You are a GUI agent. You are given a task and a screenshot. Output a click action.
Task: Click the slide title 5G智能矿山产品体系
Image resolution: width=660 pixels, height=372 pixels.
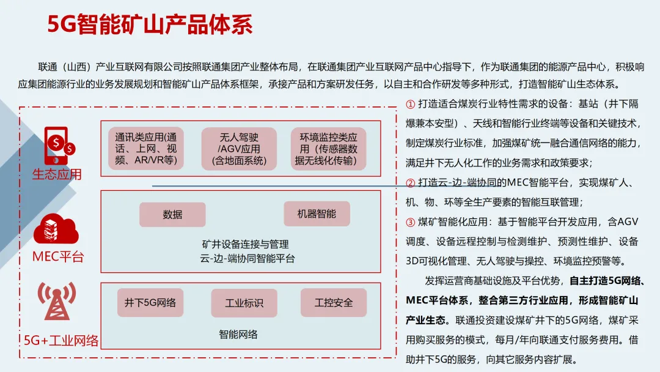(150, 25)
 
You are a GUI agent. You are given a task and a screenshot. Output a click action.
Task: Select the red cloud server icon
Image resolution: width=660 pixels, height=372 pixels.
(56, 229)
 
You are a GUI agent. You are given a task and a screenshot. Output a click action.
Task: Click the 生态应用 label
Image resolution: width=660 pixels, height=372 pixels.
(57, 174)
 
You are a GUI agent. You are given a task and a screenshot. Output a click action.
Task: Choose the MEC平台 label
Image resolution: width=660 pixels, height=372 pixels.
(58, 257)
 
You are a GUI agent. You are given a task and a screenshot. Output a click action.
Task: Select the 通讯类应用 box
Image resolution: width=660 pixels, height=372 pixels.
(146, 149)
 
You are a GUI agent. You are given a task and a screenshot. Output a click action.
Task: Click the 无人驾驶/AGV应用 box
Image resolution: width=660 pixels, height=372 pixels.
(239, 149)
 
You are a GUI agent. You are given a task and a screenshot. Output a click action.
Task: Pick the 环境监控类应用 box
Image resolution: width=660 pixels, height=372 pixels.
(329, 149)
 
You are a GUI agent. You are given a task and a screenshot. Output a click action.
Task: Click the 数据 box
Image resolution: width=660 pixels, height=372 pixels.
(172, 215)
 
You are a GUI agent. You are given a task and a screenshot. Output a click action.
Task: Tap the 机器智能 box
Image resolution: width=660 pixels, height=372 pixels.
(316, 214)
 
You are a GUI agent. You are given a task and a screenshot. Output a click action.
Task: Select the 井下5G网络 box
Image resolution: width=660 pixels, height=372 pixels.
(150, 303)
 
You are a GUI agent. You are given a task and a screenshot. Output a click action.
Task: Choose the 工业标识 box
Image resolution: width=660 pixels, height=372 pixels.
(244, 303)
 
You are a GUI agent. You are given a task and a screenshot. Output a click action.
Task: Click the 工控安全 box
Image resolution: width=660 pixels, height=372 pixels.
(334, 303)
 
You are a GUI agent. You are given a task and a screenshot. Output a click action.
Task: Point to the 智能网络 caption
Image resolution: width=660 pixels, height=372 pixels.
(238, 335)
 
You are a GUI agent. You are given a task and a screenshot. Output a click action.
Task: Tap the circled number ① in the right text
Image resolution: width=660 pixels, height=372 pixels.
(411, 104)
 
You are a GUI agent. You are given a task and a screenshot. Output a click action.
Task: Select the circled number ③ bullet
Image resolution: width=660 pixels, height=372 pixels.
(411, 221)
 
